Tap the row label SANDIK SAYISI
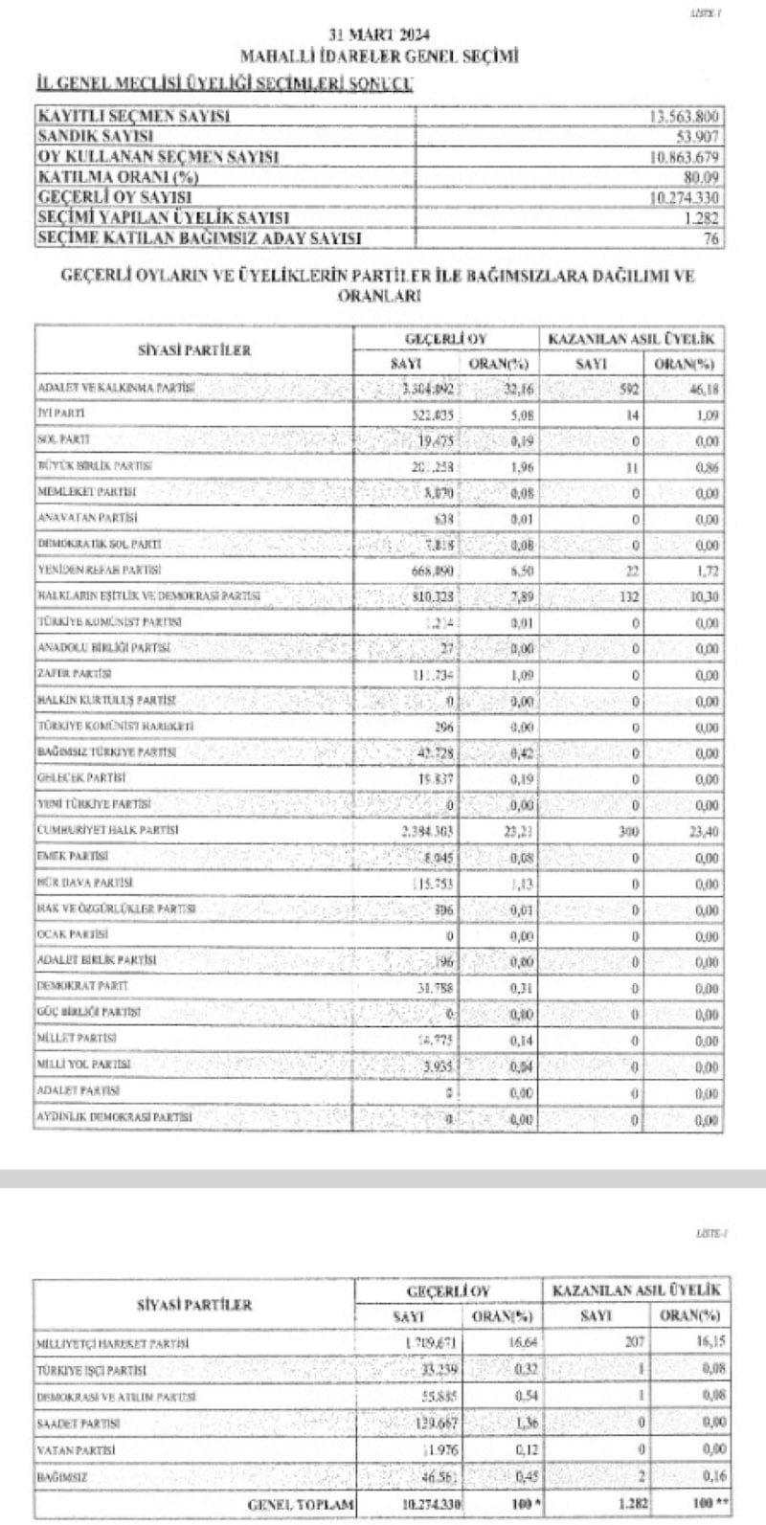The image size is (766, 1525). tap(95, 137)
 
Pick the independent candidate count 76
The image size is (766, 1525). tap(710, 239)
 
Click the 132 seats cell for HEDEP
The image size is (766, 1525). tap(626, 596)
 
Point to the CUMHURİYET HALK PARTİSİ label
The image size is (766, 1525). tap(107, 830)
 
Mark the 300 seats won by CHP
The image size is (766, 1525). tap(626, 832)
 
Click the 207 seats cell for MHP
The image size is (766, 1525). tap(634, 1342)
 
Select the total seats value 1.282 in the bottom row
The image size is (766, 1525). tap(631, 1504)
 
